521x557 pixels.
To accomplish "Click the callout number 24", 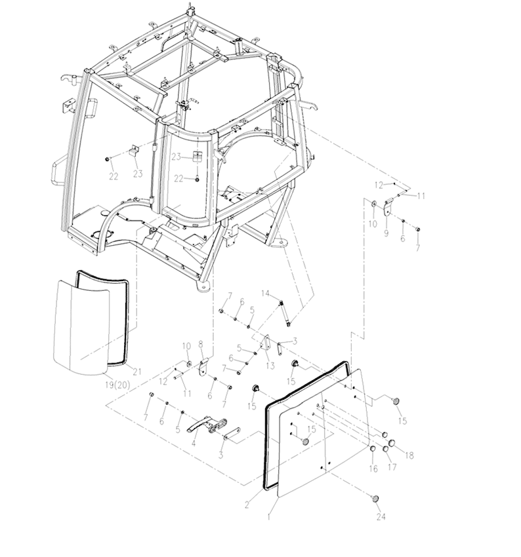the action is pos(381,516).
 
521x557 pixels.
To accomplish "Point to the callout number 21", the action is pos(137,372).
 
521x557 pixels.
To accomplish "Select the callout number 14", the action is pos(266,294).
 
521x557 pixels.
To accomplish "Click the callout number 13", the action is pos(270,366).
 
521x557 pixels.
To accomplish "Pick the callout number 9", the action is pos(386,233).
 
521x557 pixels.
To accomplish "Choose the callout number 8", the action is pos(201,344).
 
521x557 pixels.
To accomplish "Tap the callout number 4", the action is pos(194,444).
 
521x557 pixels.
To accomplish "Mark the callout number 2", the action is pos(247,505).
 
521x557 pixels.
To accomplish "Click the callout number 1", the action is pos(269,516).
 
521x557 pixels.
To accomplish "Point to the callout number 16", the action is pos(373,469).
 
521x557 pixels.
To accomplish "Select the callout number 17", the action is pos(392,467).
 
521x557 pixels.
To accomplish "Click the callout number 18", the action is pos(409,455).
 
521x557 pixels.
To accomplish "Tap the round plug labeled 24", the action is pos(375,499).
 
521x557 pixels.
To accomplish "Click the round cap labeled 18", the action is pos(392,444).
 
